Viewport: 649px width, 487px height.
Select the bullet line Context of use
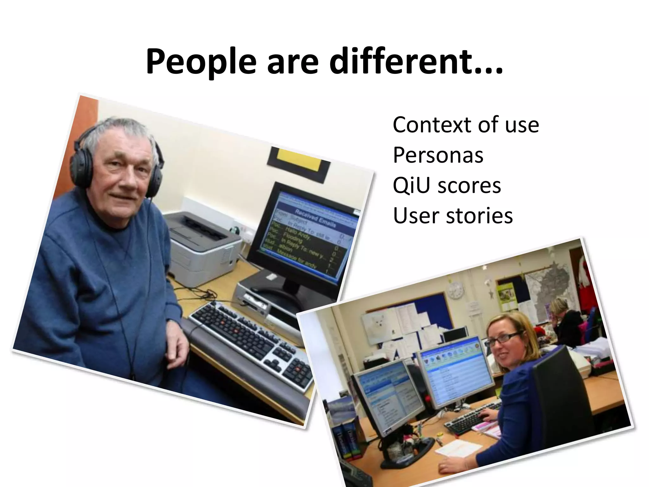[466, 125]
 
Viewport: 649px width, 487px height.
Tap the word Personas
[438, 155]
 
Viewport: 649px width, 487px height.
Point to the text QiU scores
[447, 185]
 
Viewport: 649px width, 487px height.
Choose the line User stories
[453, 216]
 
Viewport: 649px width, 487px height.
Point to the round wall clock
[455, 290]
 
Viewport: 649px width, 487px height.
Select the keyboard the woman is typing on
[472, 419]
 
